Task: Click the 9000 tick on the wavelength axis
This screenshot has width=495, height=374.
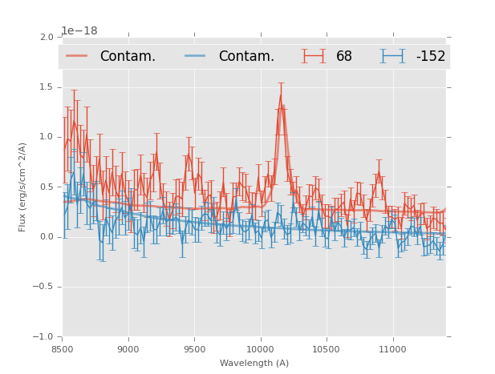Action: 128,349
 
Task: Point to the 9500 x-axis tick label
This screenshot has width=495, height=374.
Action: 194,349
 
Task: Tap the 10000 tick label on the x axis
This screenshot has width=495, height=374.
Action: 260,349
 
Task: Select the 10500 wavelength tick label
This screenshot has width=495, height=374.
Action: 326,349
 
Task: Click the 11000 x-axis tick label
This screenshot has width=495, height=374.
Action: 392,349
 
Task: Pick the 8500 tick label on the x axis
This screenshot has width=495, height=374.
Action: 63,349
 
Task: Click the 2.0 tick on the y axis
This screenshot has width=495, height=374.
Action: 47,37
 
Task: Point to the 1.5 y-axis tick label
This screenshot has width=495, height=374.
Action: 47,87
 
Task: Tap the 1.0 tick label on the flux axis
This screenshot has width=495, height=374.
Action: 47,137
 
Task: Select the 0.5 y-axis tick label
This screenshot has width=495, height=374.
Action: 47,187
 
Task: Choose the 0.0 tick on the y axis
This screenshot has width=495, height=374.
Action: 47,237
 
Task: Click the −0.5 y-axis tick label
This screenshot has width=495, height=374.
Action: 44,287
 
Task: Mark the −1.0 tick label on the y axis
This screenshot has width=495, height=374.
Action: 44,337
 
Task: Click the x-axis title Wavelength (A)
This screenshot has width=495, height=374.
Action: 254,363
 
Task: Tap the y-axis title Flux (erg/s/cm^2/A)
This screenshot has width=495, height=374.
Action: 23,187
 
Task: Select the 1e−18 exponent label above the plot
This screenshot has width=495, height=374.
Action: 79,31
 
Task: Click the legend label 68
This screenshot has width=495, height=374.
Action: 344,57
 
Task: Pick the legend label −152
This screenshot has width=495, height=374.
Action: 430,57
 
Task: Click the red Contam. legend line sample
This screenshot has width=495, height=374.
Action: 76,56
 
